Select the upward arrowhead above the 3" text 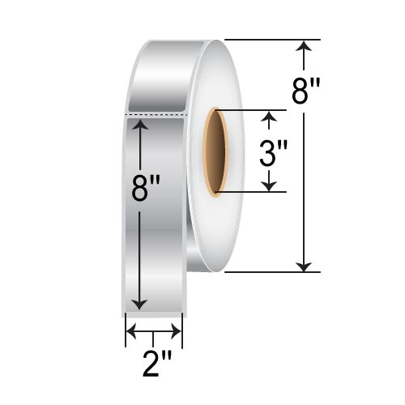(271, 119)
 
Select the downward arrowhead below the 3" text (271, 185)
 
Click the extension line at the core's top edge (251, 110)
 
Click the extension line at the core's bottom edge (251, 193)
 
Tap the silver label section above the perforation (158, 77)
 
